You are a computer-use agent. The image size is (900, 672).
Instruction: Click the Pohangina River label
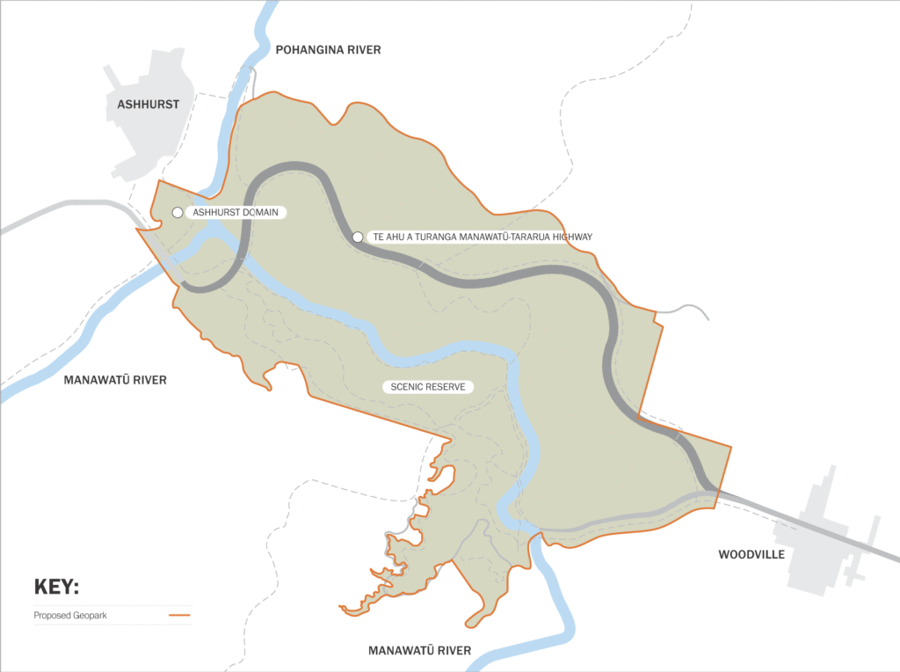tap(328, 50)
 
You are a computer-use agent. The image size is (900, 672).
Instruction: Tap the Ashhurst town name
tap(148, 104)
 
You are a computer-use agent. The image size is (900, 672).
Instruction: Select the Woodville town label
tap(751, 555)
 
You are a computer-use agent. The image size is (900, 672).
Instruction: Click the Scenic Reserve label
tap(428, 387)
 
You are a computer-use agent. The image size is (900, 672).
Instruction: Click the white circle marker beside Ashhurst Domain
tap(178, 213)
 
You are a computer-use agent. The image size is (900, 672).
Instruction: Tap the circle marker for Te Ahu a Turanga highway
tap(358, 237)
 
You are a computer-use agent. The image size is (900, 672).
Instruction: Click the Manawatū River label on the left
tap(115, 380)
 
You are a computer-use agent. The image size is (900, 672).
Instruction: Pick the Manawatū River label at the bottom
tap(418, 651)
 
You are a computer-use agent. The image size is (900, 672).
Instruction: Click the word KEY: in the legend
tap(56, 587)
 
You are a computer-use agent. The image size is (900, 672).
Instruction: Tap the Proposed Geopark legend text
tap(70, 616)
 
